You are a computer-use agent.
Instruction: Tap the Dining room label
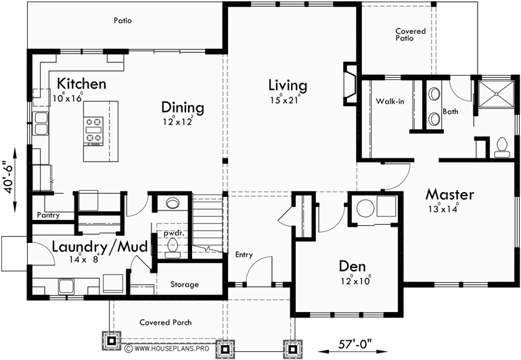pos(182,108)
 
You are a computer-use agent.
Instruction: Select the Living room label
pos(287,85)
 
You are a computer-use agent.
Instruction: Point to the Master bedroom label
pos(449,194)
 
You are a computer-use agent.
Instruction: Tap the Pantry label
pos(49,215)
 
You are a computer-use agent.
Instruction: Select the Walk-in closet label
pos(390,102)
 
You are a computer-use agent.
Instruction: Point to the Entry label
pos(244,255)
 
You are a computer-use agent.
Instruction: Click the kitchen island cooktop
pos(93,131)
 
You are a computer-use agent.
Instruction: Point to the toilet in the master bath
pos(502,146)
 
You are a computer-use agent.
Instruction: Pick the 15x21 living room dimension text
pos(284,100)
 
